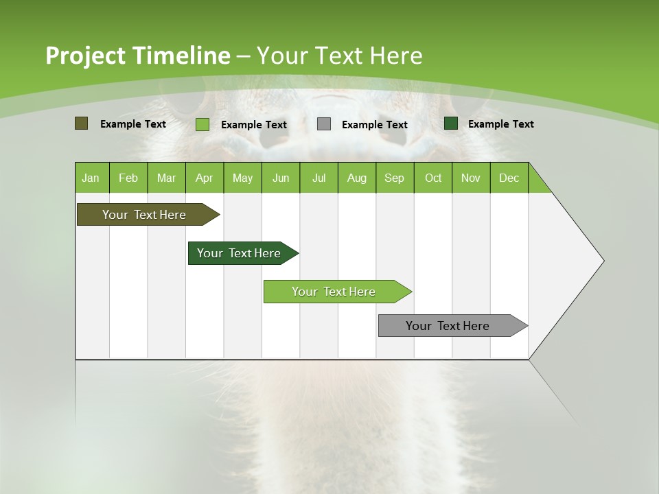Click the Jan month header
coord(91,178)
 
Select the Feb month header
coord(128,178)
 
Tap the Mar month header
coord(166,178)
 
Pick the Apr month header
coord(205,178)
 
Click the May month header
coord(242,178)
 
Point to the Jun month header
coord(281,178)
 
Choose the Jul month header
coord(319,178)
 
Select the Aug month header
coord(357,178)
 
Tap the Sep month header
coord(395,178)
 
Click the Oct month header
coord(433,178)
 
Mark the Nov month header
coord(471,178)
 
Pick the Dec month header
coord(509,178)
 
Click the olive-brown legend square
coord(81,123)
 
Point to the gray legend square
coord(324,124)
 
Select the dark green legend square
coord(451,123)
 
